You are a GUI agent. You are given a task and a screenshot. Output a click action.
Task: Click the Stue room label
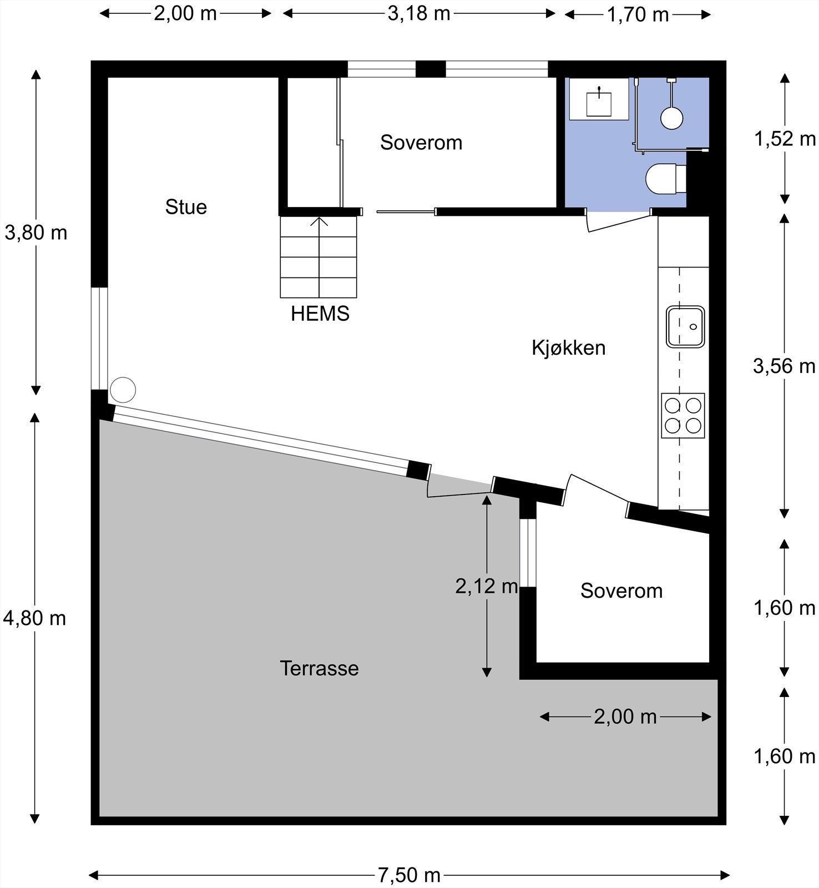click(186, 207)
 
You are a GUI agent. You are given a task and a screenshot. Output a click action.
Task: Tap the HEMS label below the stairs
click(320, 314)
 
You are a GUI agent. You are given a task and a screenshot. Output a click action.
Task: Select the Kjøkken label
click(568, 348)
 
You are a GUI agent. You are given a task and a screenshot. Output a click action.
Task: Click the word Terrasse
click(319, 668)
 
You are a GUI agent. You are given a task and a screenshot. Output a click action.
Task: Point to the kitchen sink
click(685, 327)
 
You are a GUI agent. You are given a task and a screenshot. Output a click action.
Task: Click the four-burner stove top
click(683, 416)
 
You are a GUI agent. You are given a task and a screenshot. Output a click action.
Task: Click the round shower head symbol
click(671, 118)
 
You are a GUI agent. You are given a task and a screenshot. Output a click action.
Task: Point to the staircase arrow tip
click(319, 218)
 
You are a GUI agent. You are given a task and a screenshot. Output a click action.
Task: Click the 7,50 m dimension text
click(409, 875)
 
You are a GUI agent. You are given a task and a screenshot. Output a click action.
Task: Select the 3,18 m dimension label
click(419, 13)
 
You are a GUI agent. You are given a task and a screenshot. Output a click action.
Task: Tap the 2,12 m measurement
click(487, 586)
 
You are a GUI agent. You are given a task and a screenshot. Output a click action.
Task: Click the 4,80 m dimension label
click(34, 618)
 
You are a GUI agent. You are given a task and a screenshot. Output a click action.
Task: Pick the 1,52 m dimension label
click(785, 138)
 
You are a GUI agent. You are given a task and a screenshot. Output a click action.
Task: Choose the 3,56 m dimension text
click(784, 366)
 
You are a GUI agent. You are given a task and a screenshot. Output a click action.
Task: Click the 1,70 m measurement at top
click(638, 14)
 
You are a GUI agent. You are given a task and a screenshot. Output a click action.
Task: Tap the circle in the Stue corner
click(123, 390)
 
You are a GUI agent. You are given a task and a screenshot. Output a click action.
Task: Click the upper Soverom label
click(421, 143)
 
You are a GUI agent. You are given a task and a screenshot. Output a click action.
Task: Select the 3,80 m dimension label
click(36, 233)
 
